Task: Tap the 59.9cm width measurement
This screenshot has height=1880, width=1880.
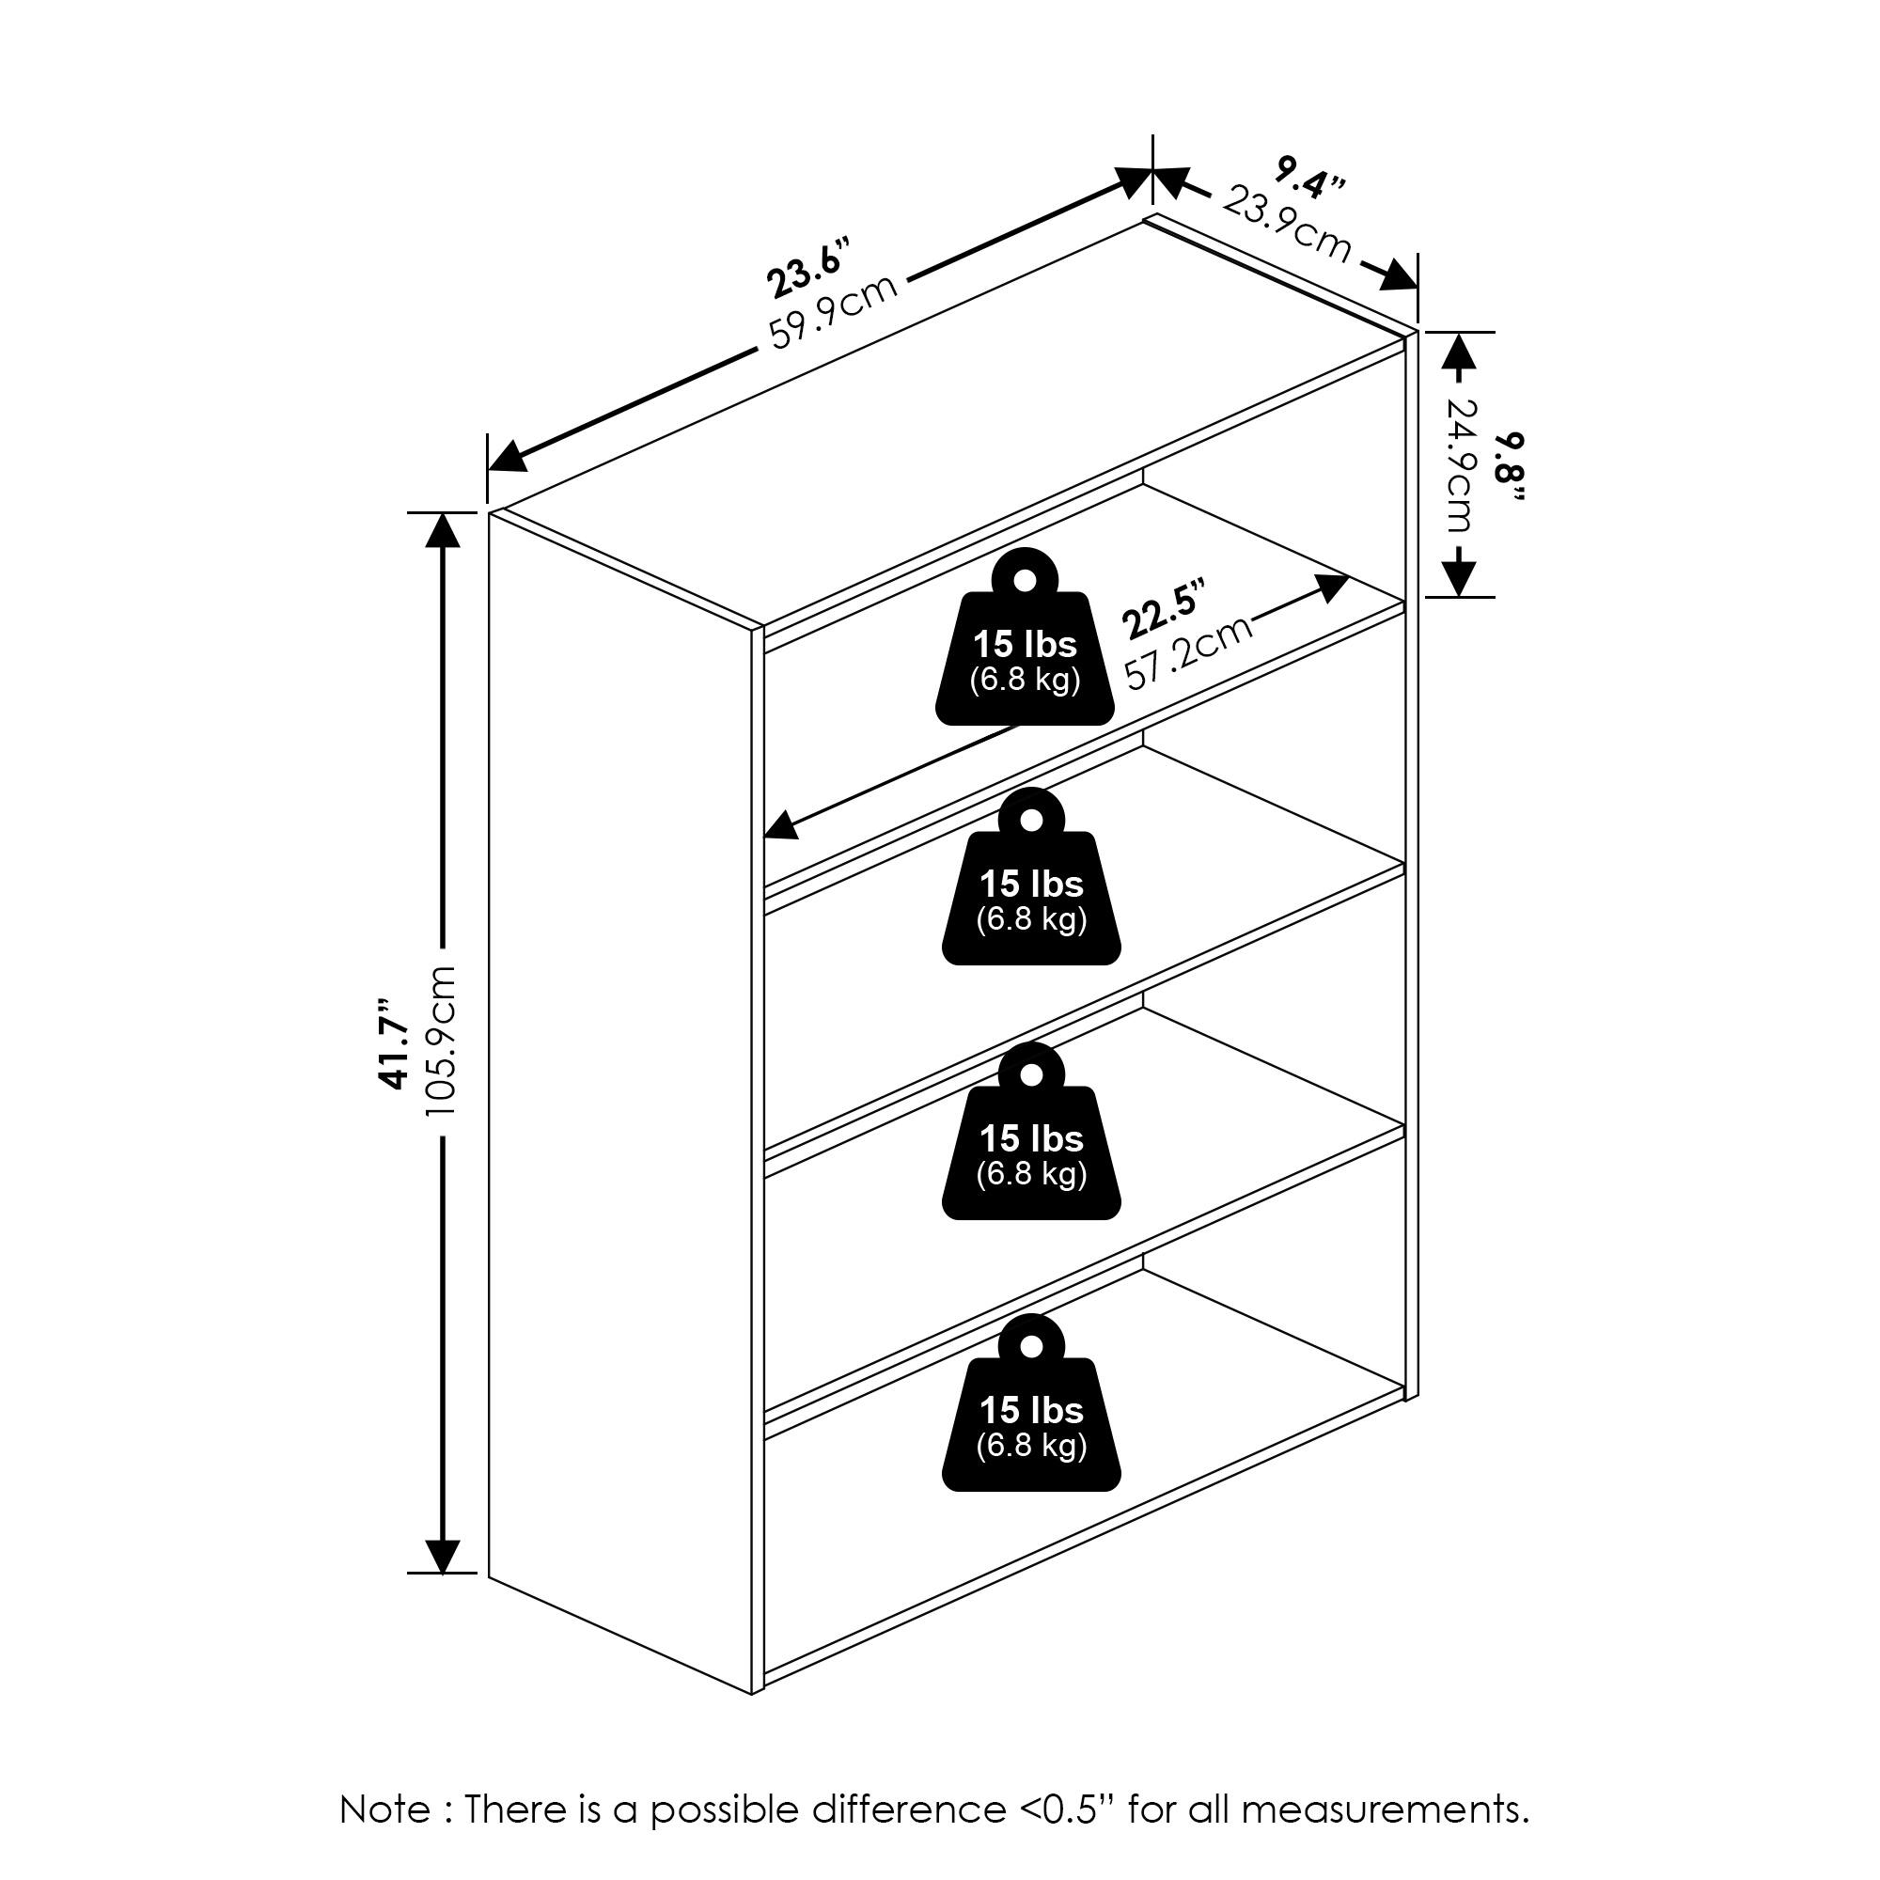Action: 833,311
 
